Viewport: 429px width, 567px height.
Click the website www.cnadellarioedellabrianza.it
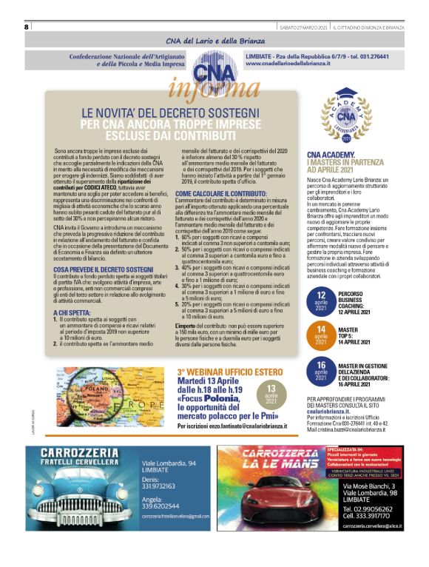pyautogui.click(x=285, y=64)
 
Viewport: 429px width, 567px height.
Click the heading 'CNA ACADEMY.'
pyautogui.click(x=331, y=155)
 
